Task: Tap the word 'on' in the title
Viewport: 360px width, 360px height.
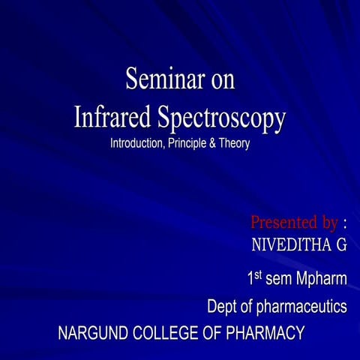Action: (x=223, y=80)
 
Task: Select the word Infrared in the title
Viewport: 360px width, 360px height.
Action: (x=113, y=118)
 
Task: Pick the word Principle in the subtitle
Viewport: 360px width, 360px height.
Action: (x=194, y=143)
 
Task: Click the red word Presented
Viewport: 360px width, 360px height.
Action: (x=280, y=223)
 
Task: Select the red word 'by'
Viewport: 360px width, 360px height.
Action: (x=324, y=223)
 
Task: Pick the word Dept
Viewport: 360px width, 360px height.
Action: (x=222, y=307)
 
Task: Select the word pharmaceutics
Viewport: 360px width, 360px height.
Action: (x=302, y=307)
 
